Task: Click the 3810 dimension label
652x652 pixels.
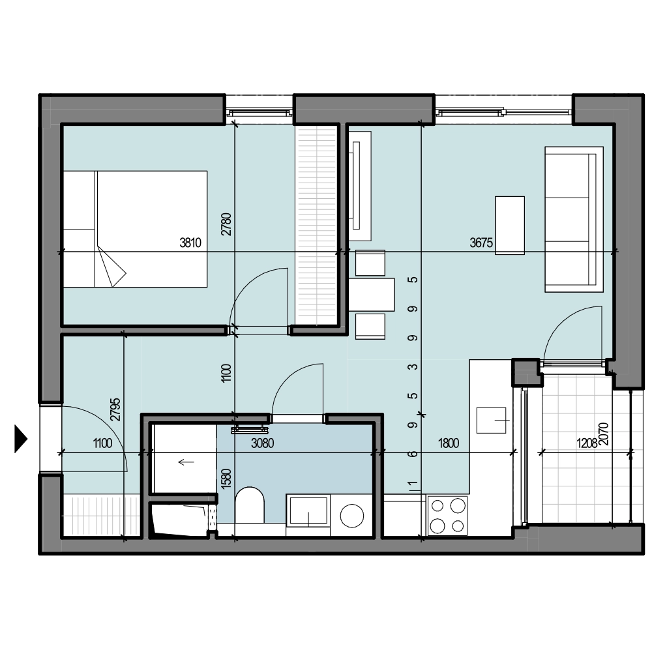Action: tap(190, 243)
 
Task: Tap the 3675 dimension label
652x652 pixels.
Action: tap(481, 243)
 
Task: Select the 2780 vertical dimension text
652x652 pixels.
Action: tap(226, 224)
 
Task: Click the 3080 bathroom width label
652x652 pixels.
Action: tap(262, 443)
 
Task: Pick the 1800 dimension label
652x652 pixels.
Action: tap(449, 443)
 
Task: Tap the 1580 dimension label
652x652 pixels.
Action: tap(226, 479)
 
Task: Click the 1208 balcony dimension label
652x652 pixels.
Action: tap(587, 443)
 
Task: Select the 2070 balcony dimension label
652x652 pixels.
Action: tap(604, 434)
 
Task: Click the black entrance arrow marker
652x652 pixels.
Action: tap(20, 439)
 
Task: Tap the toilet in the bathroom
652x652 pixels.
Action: tap(250, 505)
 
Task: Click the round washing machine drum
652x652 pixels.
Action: tap(352, 516)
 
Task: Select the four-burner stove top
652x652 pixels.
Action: tap(447, 516)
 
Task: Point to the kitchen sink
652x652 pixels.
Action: tap(491, 421)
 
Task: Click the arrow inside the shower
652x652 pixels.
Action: tap(186, 462)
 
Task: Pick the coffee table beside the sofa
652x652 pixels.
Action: tap(510, 226)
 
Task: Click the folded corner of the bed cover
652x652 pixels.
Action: tap(111, 266)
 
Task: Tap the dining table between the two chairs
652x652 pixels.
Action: tap(372, 295)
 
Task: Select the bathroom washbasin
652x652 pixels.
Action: tap(308, 510)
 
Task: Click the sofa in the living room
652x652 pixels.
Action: tap(574, 219)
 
